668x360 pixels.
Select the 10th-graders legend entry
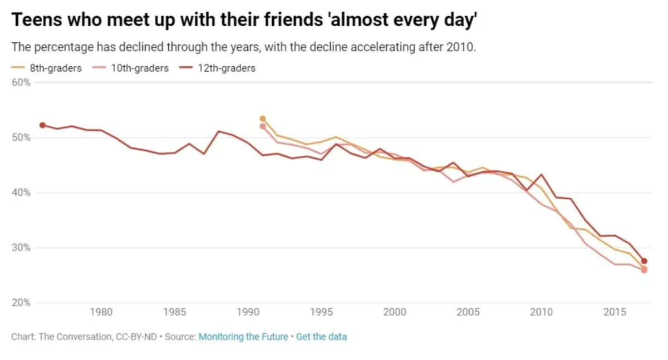coord(140,68)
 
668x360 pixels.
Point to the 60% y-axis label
coord(21,82)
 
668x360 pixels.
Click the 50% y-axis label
coord(21,137)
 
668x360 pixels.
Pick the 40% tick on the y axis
coord(21,193)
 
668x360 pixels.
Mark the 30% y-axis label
coord(21,248)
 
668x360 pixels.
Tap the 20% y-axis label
coord(21,303)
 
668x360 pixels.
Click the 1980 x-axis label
coord(101,312)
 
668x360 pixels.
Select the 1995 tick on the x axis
coord(321,312)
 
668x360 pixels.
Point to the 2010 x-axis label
coord(541,312)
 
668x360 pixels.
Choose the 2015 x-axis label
coord(615,312)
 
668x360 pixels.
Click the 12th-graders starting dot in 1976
coord(42,125)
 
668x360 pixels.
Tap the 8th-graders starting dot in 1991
coord(263,119)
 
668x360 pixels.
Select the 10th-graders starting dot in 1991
coord(263,126)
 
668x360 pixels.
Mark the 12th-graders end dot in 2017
coord(644,261)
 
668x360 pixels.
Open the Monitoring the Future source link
coord(243,337)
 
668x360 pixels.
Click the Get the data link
coord(321,337)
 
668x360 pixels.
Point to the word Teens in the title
coord(35,21)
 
